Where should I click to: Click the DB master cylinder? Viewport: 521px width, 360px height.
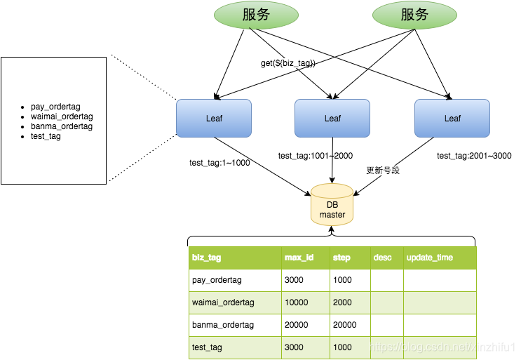pyautogui.click(x=332, y=206)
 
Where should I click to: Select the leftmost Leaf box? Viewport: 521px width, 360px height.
pyautogui.click(x=213, y=118)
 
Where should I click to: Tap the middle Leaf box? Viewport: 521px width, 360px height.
pyautogui.click(x=332, y=118)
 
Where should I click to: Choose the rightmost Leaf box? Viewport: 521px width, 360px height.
pyautogui.click(x=452, y=118)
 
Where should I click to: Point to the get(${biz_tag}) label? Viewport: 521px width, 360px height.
pyautogui.click(x=287, y=63)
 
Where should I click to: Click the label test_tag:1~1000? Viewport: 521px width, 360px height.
pyautogui.click(x=219, y=163)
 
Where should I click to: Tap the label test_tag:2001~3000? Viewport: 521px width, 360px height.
pyautogui.click(x=474, y=156)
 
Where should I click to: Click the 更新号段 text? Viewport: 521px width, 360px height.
pyautogui.click(x=383, y=171)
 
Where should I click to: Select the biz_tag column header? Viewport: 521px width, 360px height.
pyautogui.click(x=206, y=258)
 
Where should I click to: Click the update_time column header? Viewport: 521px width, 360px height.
pyautogui.click(x=429, y=258)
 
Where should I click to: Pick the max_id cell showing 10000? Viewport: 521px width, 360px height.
pyautogui.click(x=297, y=302)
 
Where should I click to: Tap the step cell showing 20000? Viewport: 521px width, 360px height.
pyautogui.click(x=344, y=325)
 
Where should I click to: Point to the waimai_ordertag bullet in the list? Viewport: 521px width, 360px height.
pyautogui.click(x=62, y=116)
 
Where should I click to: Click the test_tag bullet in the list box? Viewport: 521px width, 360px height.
pyautogui.click(x=46, y=136)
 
